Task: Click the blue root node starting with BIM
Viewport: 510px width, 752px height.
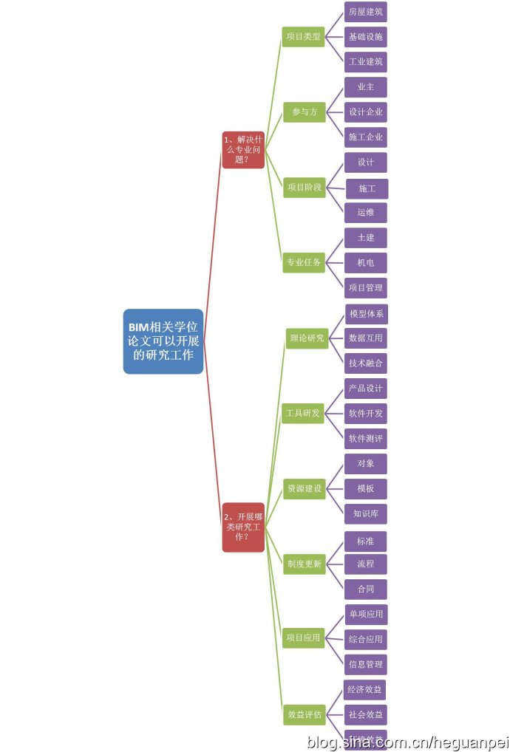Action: click(163, 341)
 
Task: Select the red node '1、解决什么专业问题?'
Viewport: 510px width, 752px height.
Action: click(243, 149)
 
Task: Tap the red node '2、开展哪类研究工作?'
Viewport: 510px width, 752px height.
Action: click(243, 527)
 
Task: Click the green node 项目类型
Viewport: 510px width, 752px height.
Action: click(304, 36)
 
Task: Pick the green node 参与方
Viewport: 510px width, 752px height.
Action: click(304, 112)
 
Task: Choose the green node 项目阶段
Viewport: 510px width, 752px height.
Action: click(304, 188)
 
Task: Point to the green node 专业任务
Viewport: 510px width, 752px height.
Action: click(304, 262)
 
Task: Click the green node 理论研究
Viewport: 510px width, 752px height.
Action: click(306, 338)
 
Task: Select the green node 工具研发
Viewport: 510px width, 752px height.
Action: click(303, 413)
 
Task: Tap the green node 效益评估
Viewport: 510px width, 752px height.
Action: click(304, 714)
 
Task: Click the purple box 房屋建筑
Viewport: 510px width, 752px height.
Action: click(366, 12)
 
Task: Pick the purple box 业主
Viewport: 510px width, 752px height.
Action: click(366, 87)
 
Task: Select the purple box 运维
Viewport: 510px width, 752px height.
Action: click(366, 213)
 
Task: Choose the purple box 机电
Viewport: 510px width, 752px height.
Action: click(366, 263)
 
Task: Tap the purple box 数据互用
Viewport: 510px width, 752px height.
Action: click(366, 338)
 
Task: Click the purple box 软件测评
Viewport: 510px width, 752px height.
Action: click(366, 439)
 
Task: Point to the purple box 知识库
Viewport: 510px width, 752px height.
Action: click(366, 513)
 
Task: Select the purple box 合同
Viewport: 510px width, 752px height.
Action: click(366, 589)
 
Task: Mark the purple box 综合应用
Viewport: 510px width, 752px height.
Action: click(366, 639)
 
